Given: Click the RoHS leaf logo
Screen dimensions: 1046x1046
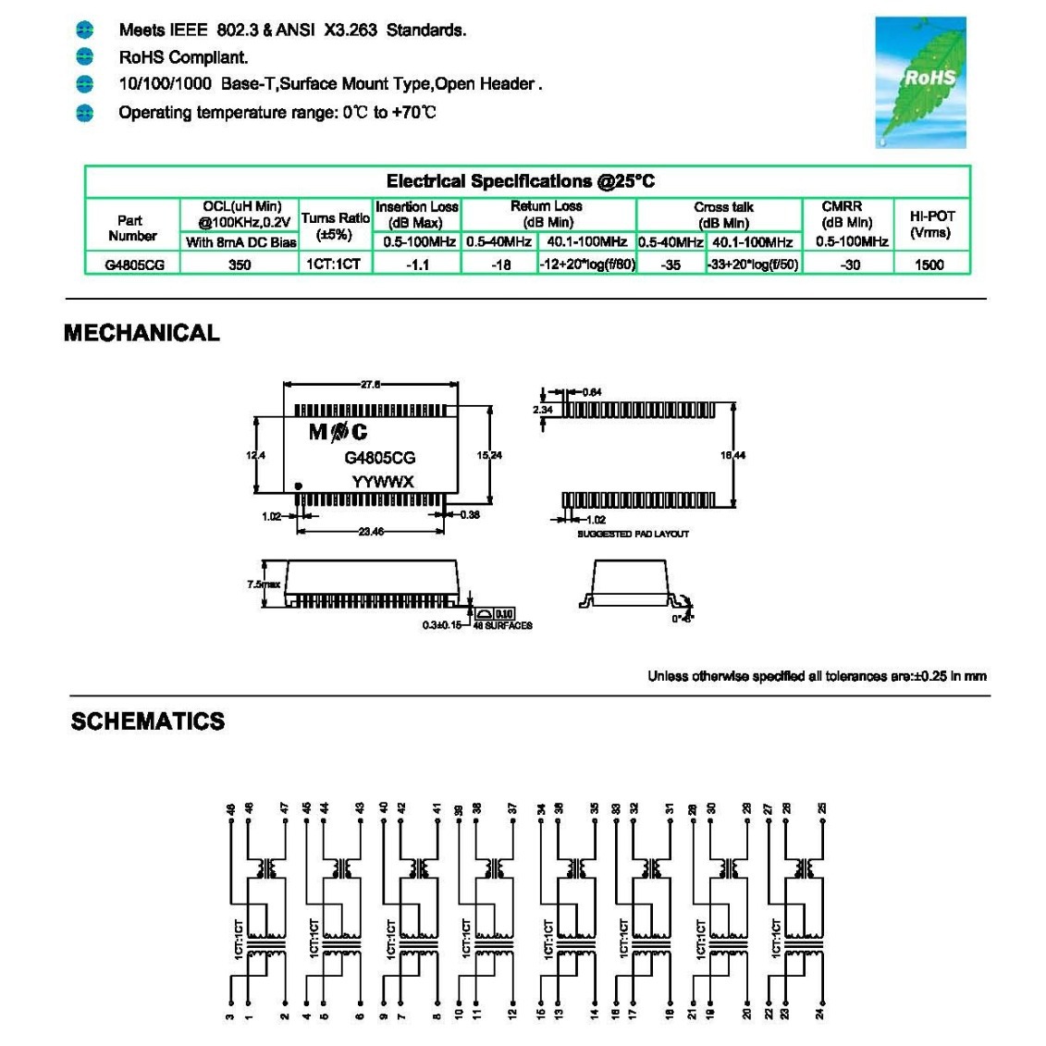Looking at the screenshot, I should pos(920,82).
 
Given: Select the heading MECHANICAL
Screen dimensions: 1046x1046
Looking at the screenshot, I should pos(142,333).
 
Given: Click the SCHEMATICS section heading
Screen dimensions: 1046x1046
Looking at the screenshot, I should pos(148,721).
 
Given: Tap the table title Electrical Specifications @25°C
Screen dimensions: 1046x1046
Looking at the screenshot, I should pos(520,181).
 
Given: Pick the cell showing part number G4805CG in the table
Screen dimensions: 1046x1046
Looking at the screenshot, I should pos(134,265).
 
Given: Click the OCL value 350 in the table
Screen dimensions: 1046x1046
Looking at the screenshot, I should pos(240,265).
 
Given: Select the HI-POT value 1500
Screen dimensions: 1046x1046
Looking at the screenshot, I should pos(929,265).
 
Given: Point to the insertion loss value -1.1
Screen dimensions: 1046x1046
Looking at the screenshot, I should pos(418,265).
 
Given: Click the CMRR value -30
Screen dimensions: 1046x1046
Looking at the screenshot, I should pos(850,265).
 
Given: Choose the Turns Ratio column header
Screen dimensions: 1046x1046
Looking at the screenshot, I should pos(335,225).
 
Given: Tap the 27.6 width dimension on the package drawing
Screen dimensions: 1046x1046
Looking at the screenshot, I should pos(371,385).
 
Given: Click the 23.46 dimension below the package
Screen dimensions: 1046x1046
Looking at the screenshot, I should pos(371,532).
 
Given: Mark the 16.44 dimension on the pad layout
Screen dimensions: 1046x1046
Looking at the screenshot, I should pos(732,455).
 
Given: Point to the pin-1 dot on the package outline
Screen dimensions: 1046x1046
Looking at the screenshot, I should pos(298,486).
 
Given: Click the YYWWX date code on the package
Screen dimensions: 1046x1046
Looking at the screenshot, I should pos(382,482).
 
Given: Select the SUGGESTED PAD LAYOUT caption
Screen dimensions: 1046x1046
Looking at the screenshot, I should pos(633,534).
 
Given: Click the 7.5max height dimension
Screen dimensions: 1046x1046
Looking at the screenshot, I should pos(264,585).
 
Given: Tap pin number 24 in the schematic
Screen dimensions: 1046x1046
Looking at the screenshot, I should pos(820,1014).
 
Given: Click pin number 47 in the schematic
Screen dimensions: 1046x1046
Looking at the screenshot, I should pos(285,808).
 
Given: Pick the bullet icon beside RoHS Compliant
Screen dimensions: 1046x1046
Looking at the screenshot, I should pos(85,57).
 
